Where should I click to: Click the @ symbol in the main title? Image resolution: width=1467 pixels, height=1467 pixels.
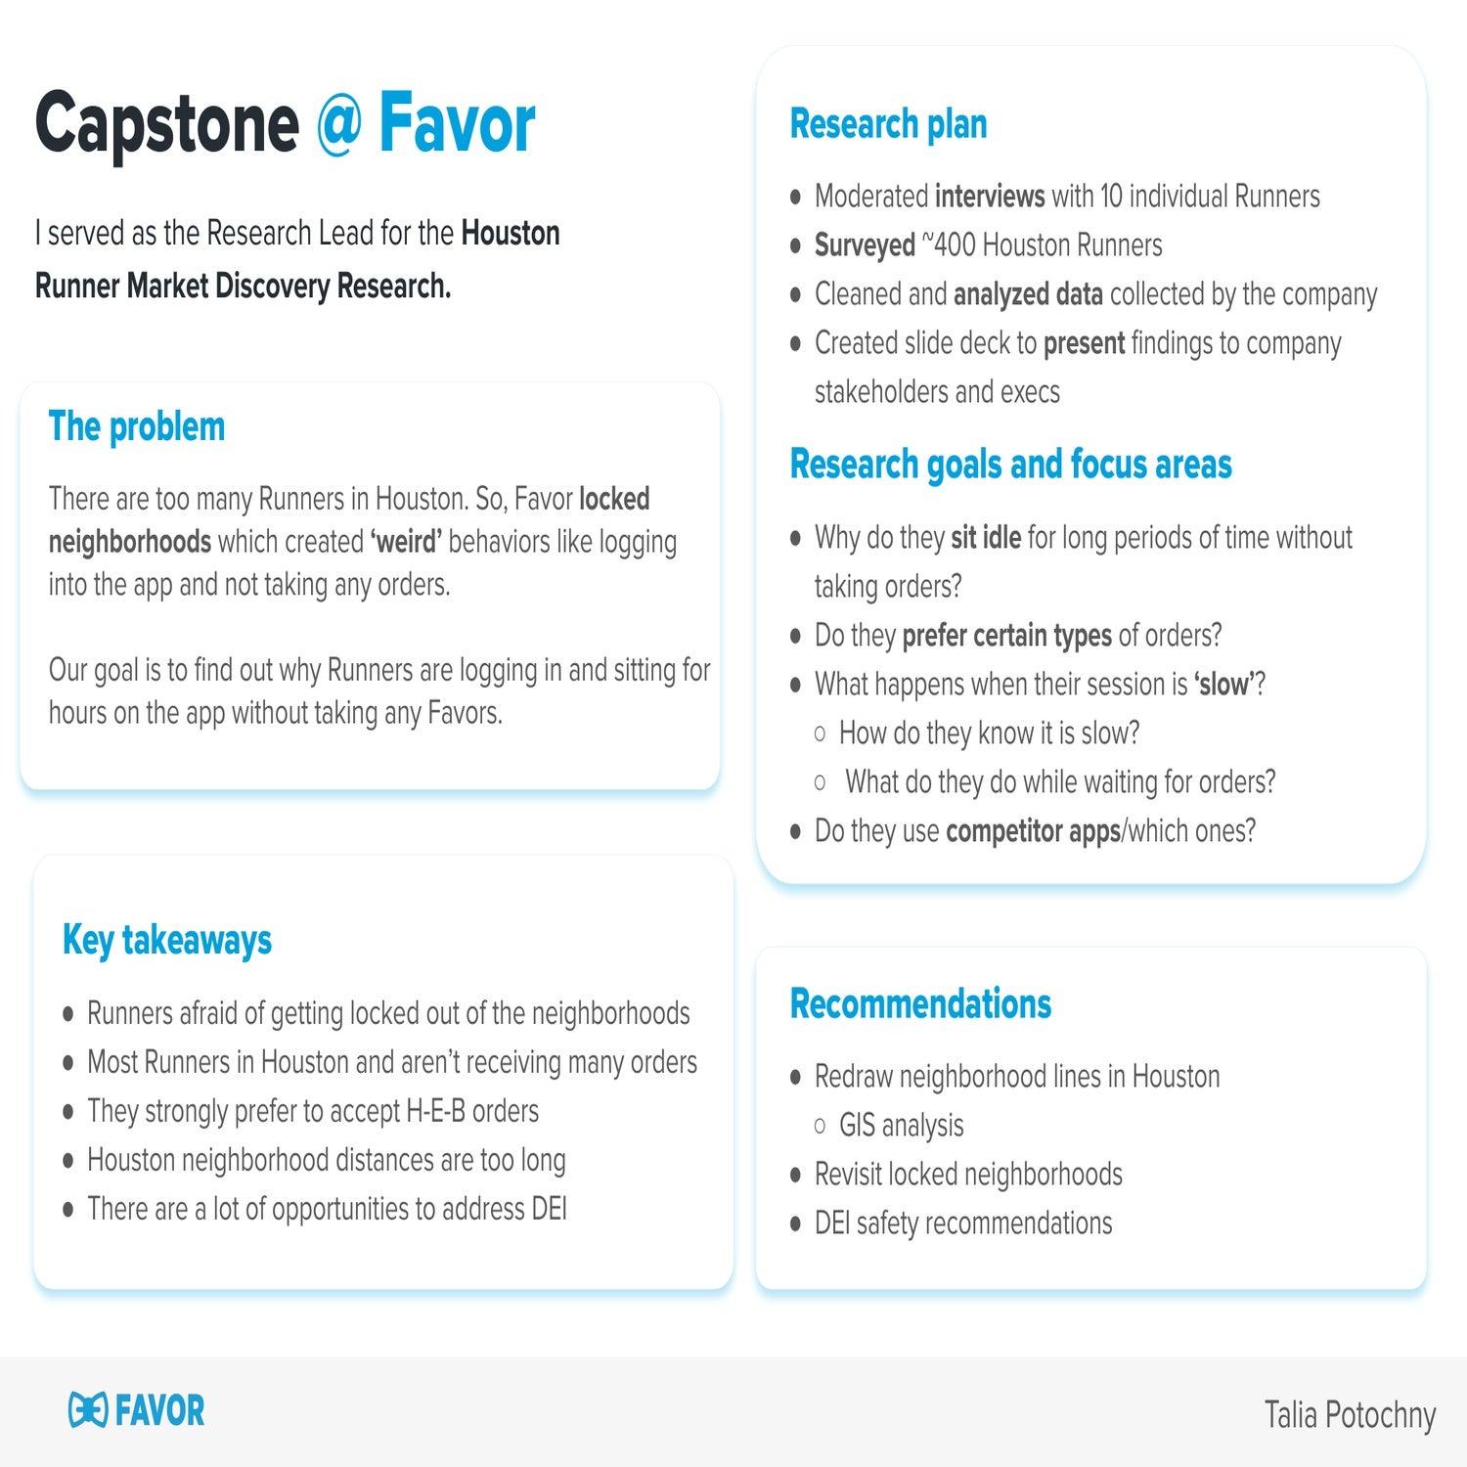[x=339, y=124]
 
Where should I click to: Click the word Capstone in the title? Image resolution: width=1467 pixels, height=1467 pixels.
[x=166, y=124]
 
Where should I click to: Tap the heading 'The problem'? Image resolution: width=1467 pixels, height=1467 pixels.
[x=137, y=427]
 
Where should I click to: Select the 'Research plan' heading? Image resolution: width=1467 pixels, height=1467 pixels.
[x=888, y=124]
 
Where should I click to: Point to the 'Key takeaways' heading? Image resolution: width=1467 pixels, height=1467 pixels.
[x=167, y=940]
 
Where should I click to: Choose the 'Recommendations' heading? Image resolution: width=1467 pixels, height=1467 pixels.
[x=920, y=1004]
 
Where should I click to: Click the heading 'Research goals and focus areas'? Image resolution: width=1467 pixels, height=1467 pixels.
[x=1010, y=465]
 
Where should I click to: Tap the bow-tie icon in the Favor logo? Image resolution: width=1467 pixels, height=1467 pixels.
[x=87, y=1410]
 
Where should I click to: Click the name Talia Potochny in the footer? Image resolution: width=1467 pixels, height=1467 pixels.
[x=1350, y=1415]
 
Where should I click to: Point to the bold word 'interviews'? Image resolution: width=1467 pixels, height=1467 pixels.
[x=990, y=197]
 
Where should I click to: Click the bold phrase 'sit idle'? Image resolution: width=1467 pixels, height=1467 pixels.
[x=986, y=538]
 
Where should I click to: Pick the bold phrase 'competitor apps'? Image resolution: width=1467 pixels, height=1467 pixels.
[x=1033, y=831]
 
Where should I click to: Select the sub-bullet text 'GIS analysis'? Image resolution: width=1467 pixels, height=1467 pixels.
[x=901, y=1126]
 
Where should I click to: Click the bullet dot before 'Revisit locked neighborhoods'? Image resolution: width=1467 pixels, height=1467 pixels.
[x=795, y=1176]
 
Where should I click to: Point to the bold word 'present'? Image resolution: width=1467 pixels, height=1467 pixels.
[x=1084, y=343]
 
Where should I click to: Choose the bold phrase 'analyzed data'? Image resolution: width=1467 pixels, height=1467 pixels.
[x=1028, y=294]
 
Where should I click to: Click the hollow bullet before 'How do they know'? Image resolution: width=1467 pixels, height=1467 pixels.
[x=820, y=733]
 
